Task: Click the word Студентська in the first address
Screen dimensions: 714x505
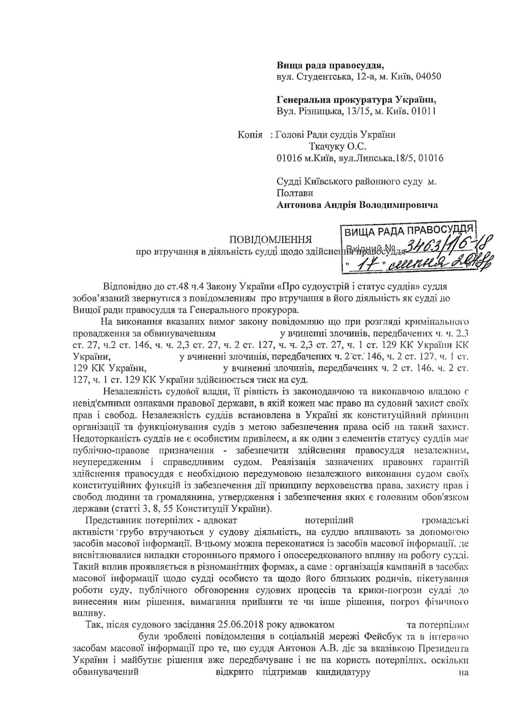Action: pos(324,76)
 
